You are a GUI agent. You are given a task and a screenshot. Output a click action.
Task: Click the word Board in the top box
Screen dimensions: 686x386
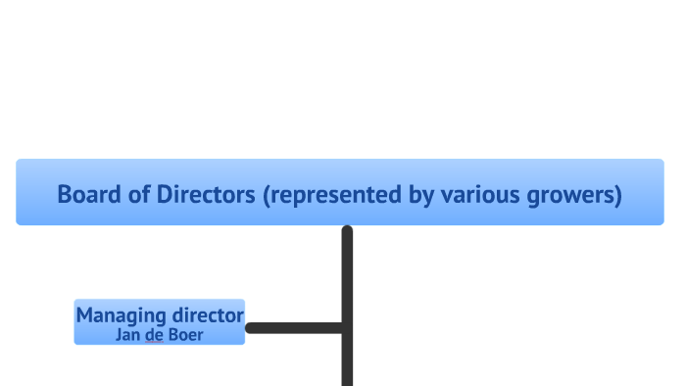click(88, 194)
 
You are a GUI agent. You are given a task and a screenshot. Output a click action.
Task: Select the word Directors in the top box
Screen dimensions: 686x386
click(205, 194)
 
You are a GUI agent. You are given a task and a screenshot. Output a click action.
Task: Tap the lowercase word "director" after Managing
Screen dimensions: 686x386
click(207, 315)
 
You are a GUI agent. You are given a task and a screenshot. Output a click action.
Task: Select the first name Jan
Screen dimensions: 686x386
click(128, 335)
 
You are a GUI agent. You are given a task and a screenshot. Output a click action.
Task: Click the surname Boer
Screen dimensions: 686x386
click(185, 335)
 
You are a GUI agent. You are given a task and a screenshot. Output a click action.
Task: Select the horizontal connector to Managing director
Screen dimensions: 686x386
click(294, 328)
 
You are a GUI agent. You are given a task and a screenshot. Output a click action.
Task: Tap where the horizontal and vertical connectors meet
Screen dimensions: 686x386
click(347, 328)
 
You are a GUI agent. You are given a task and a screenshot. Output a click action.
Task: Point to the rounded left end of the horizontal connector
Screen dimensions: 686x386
click(251, 328)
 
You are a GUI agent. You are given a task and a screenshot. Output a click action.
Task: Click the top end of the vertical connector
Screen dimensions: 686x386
click(347, 230)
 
